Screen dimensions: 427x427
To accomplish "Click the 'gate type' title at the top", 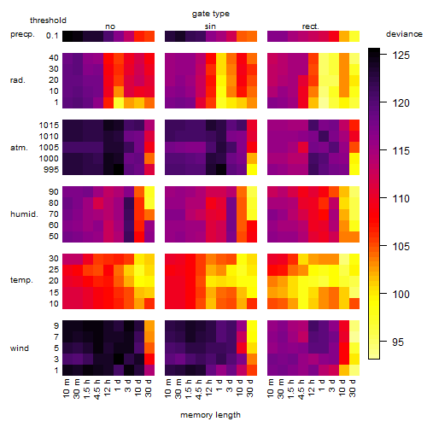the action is pyautogui.click(x=211, y=14).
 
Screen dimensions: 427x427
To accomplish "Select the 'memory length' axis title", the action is pyautogui.click(x=210, y=415).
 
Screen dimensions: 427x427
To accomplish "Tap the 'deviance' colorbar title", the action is pyautogui.click(x=404, y=34).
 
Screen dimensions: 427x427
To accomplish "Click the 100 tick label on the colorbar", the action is pyautogui.click(x=401, y=294).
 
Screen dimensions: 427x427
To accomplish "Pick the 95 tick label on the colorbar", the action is pyautogui.click(x=398, y=342).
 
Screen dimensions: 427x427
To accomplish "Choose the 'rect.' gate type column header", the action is pyautogui.click(x=311, y=26).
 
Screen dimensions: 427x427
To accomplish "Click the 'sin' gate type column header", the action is pyautogui.click(x=210, y=26).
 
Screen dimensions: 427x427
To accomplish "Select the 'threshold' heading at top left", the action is pyautogui.click(x=48, y=20).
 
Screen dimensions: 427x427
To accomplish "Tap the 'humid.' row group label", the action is pyautogui.click(x=24, y=214).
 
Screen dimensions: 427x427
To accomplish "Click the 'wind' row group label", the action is pyautogui.click(x=20, y=348).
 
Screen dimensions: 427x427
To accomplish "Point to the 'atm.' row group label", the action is pyautogui.click(x=19, y=148).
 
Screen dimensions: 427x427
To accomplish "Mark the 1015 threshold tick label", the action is pyautogui.click(x=49, y=126).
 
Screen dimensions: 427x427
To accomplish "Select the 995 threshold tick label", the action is pyautogui.click(x=51, y=170).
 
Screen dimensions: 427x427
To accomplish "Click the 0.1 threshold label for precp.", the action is pyautogui.click(x=52, y=36).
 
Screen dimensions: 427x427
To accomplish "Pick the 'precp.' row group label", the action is pyautogui.click(x=22, y=34).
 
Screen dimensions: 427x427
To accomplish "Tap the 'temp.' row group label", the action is pyautogui.click(x=21, y=280).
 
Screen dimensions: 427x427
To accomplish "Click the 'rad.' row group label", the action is pyautogui.click(x=18, y=80).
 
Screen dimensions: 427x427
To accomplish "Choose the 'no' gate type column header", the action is pyautogui.click(x=110, y=26).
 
